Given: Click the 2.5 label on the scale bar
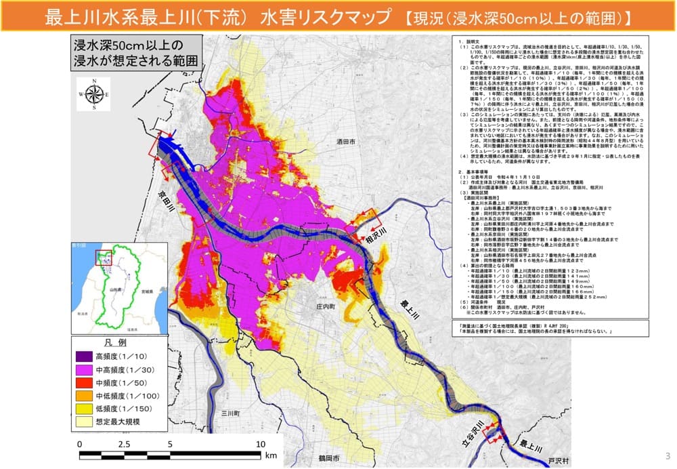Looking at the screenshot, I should [124, 443].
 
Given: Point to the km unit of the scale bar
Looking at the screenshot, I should [271, 455].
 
